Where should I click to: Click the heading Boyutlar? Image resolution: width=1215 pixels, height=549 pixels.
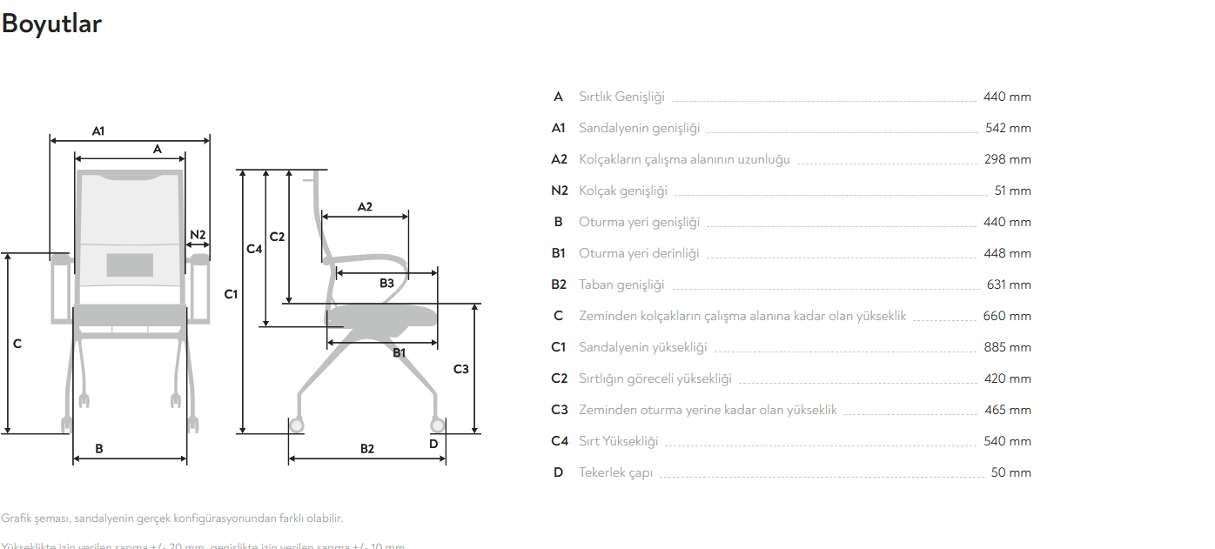pos(51,24)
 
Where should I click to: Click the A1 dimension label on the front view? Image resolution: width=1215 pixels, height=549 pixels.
pos(98,131)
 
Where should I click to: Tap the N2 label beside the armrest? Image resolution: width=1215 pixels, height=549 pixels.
pos(198,235)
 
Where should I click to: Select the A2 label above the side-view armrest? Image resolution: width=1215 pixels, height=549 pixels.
pos(365,207)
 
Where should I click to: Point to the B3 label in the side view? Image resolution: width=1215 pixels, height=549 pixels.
pos(386,283)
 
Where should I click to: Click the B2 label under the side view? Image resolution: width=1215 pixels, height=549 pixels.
pos(367,449)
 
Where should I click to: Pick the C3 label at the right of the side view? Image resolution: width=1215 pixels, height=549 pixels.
pos(461,369)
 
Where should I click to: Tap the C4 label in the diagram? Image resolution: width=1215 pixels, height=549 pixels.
pos(254,249)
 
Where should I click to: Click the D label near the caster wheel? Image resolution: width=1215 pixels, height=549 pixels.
pos(434,444)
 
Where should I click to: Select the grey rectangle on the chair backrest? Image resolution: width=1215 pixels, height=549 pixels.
pos(130,264)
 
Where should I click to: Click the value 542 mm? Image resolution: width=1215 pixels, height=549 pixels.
pos(1008,128)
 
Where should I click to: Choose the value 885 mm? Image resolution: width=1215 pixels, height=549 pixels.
pos(1007,347)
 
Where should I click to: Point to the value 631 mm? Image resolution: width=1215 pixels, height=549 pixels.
pos(1009,285)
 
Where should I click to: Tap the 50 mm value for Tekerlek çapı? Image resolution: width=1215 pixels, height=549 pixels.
pos(1010,472)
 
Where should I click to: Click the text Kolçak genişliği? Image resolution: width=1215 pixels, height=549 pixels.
pos(622,191)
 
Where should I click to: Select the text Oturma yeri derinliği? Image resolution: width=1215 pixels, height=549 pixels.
pos(639,253)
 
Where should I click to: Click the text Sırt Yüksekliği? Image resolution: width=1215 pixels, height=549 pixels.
pos(618,441)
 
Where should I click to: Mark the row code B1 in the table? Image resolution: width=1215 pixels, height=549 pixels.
pos(559,253)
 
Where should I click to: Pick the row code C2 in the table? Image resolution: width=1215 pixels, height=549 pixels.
pos(559,378)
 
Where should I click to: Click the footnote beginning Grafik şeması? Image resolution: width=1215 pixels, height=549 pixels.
pos(172,519)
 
